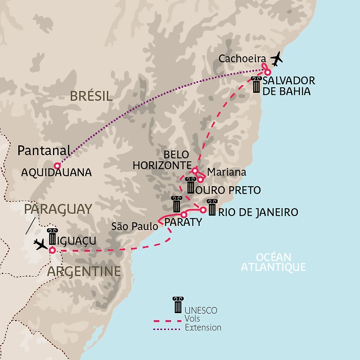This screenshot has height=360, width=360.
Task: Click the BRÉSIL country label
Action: tap(91, 97)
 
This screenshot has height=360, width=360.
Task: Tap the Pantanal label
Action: tap(44, 150)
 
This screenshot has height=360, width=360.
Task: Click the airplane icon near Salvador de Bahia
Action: tap(277, 58)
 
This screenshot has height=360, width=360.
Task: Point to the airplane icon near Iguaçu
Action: tap(41, 244)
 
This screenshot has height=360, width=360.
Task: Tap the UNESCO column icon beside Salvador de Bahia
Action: tap(256, 84)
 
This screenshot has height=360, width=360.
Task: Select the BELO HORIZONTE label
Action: tap(161, 160)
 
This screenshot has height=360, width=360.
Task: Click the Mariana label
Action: tap(226, 172)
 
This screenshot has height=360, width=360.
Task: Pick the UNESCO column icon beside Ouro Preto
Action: tap(190, 185)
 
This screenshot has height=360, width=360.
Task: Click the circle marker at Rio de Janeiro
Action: tap(203, 210)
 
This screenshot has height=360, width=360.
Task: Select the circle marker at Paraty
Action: tap(184, 214)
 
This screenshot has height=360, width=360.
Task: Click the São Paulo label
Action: tap(134, 226)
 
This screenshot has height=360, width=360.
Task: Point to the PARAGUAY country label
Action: tap(58, 209)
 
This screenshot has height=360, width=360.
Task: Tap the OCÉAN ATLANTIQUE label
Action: tap(273, 262)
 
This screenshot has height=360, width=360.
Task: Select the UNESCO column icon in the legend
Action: tap(177, 305)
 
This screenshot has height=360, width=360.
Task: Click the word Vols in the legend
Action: tap(192, 319)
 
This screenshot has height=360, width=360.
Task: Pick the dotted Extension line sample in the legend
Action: tap(167, 328)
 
